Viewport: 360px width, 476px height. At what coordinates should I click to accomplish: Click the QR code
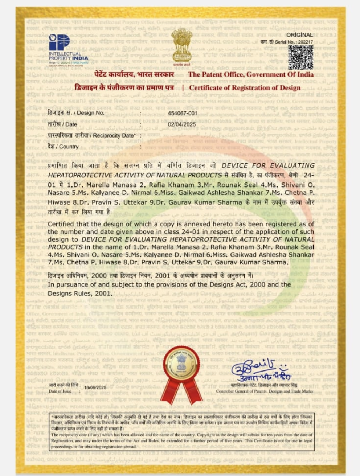coord(300,57)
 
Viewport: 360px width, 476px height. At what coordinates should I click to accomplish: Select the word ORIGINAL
coord(299,35)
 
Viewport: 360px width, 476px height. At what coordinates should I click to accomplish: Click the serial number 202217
coord(305,42)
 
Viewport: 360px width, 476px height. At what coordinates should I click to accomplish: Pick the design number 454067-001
coord(182,113)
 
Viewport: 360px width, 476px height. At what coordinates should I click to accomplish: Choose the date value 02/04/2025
coord(181,124)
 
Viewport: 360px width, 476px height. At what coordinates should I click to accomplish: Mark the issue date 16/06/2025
coord(95,387)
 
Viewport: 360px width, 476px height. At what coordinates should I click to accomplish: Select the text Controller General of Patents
coord(264,391)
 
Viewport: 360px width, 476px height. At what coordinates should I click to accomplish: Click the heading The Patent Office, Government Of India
coord(250,75)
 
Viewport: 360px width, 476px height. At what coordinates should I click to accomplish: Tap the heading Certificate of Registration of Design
coord(245,87)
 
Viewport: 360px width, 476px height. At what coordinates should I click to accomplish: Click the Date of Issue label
coord(60,391)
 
